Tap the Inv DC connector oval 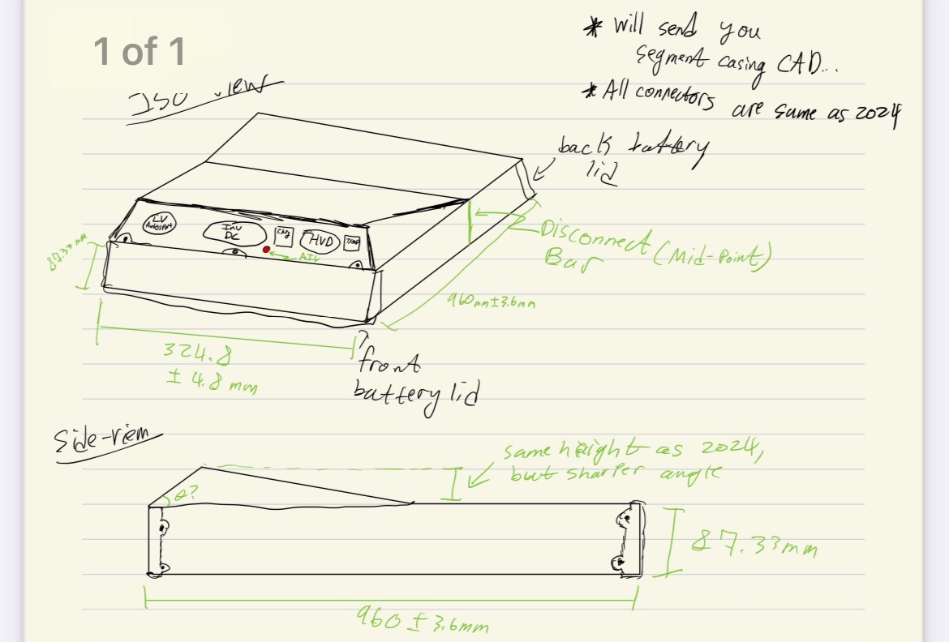(x=231, y=233)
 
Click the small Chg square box (x=283, y=235)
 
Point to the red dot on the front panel (x=265, y=250)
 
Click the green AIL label (x=310, y=258)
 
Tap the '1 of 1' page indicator (x=139, y=51)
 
